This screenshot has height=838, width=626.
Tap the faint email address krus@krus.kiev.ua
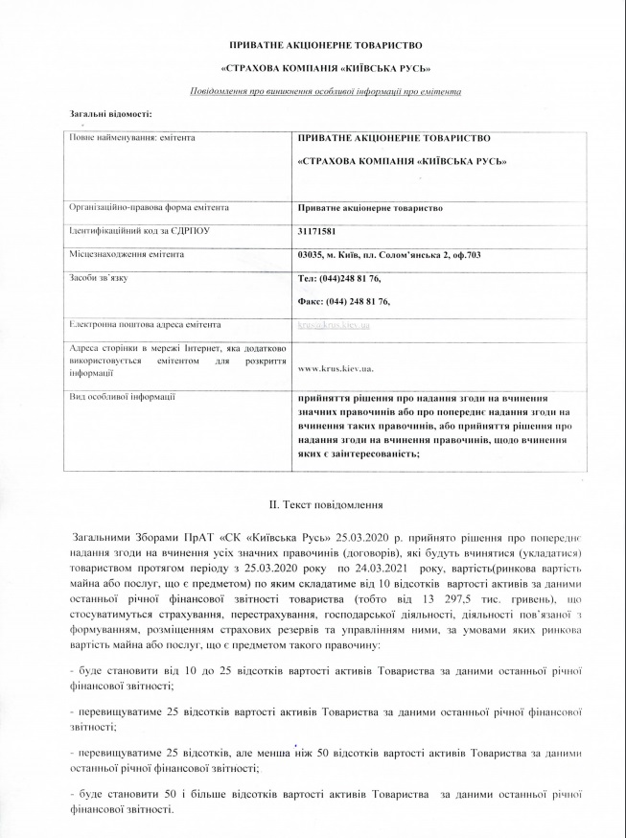[335, 326]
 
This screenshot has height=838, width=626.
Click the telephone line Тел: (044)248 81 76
[340, 278]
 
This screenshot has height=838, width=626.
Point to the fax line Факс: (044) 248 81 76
[344, 301]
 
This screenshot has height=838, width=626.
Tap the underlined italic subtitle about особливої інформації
[326, 91]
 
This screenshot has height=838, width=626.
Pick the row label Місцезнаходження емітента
[128, 254]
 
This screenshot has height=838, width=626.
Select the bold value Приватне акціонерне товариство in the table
[371, 207]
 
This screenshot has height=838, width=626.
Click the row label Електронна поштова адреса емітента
[145, 324]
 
